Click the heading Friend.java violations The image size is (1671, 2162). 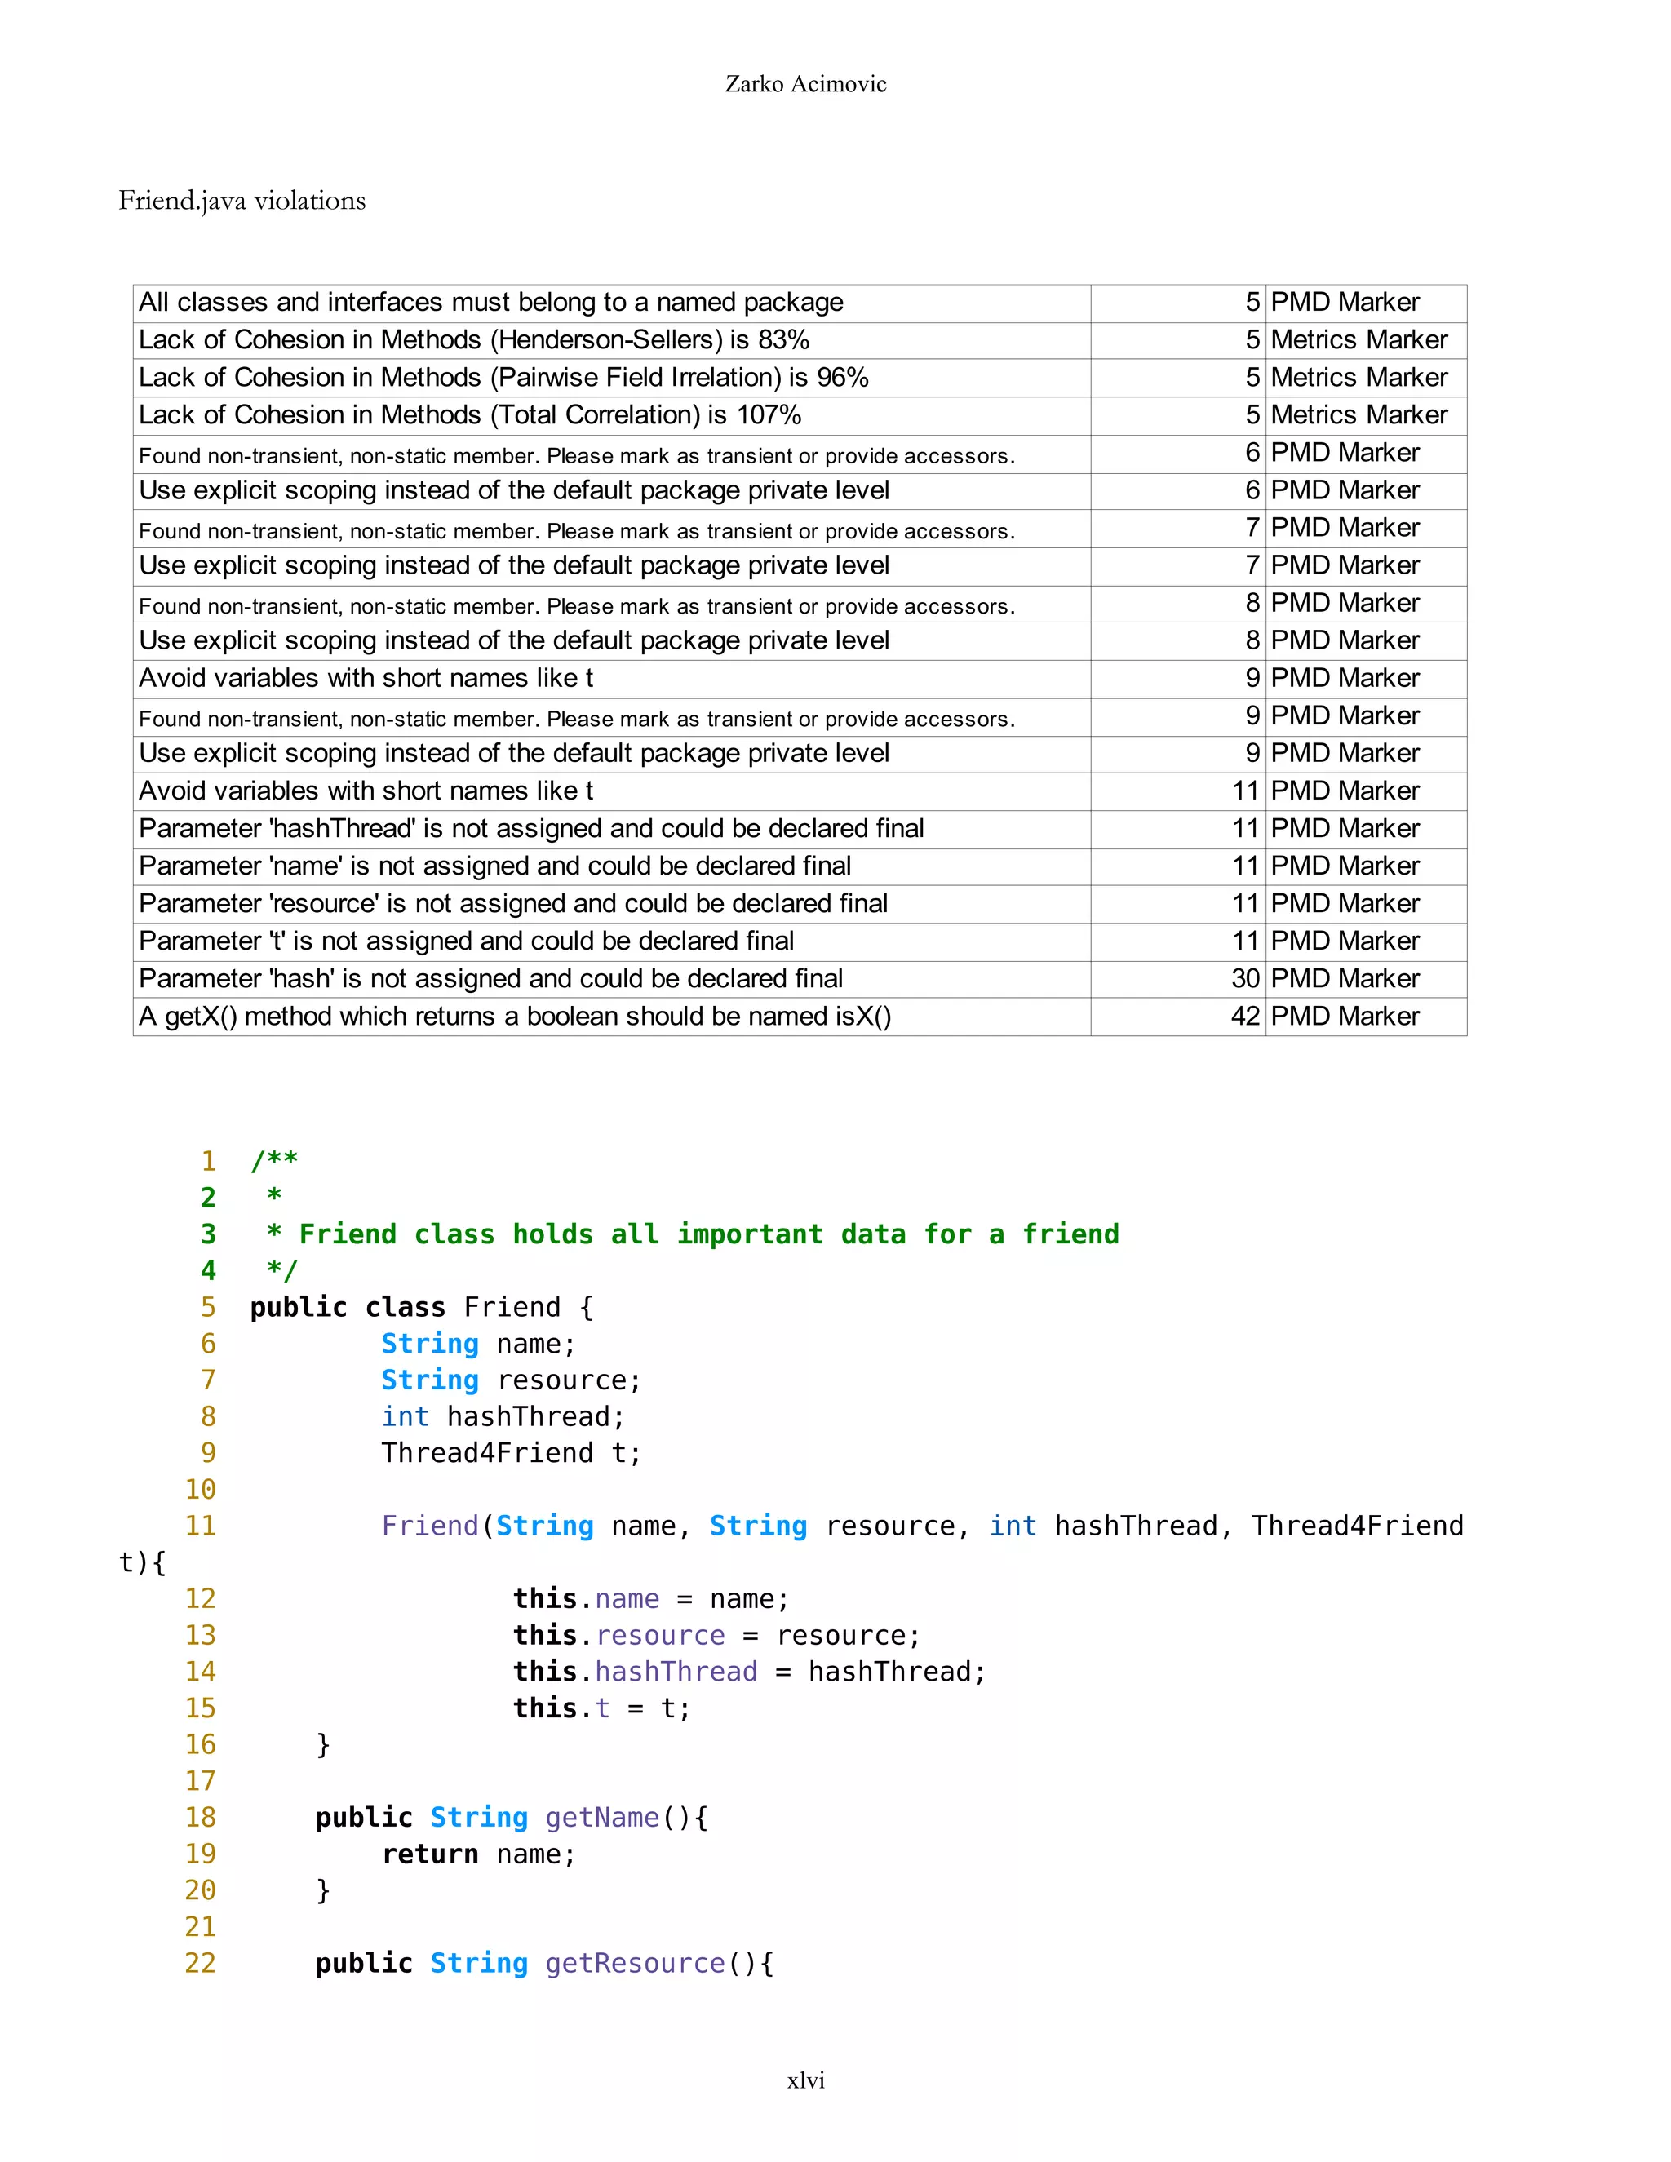click(x=242, y=201)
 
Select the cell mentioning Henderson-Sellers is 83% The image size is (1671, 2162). click(x=473, y=339)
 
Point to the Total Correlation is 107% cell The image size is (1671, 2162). click(x=469, y=414)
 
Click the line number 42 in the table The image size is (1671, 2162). click(x=1244, y=1017)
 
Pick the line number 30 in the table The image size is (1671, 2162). click(x=1244, y=979)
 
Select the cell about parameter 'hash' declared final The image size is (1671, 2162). click(x=490, y=979)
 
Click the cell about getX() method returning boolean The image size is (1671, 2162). click(x=515, y=1017)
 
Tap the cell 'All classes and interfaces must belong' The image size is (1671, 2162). click(x=490, y=302)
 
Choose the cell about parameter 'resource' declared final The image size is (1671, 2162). click(x=512, y=904)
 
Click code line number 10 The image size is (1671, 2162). click(x=200, y=1489)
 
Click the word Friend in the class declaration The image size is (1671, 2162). click(x=512, y=1308)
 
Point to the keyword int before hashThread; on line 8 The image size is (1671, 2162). click(x=405, y=1416)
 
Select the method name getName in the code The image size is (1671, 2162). click(x=602, y=1818)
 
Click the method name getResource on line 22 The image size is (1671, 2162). click(x=635, y=1963)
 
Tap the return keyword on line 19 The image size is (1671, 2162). click(x=430, y=1854)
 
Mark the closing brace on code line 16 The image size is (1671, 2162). click(x=323, y=1744)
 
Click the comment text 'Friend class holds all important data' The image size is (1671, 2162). click(x=709, y=1234)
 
